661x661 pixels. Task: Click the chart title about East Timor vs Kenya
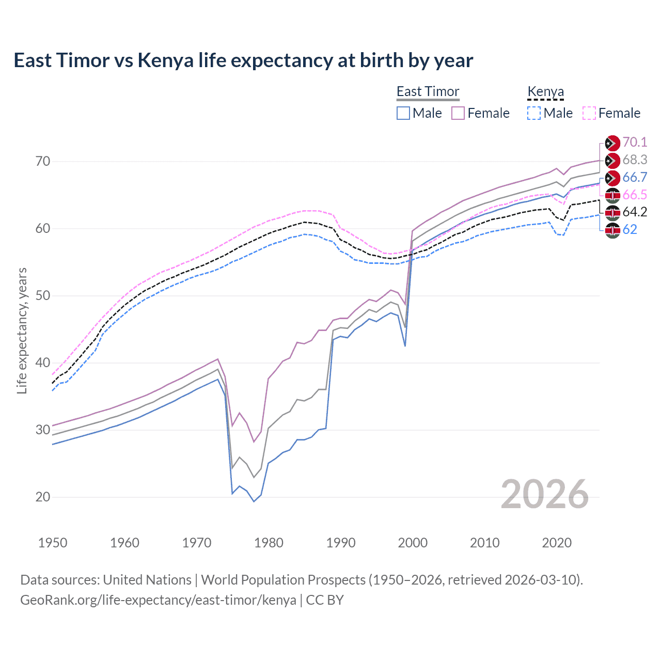pyautogui.click(x=243, y=60)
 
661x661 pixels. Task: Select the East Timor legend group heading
pyautogui.click(x=428, y=92)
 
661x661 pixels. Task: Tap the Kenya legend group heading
pyautogui.click(x=545, y=92)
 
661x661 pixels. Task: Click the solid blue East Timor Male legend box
pyautogui.click(x=403, y=113)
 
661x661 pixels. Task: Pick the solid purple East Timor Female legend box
pyautogui.click(x=458, y=113)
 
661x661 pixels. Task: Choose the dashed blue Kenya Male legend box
pyautogui.click(x=534, y=113)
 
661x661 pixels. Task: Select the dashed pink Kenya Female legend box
pyautogui.click(x=589, y=113)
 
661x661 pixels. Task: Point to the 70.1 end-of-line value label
pyautogui.click(x=635, y=142)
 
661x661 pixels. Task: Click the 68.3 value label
pyautogui.click(x=635, y=160)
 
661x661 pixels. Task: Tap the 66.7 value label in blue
pyautogui.click(x=635, y=177)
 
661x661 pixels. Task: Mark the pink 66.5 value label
pyautogui.click(x=635, y=195)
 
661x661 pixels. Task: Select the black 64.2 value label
pyautogui.click(x=635, y=212)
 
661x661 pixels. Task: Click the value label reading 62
pyautogui.click(x=629, y=229)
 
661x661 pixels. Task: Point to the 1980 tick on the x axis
pyautogui.click(x=269, y=543)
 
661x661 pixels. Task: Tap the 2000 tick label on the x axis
pyautogui.click(x=413, y=543)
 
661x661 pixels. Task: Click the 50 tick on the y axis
pyautogui.click(x=43, y=296)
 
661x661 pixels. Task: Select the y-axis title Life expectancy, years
pyautogui.click(x=22, y=330)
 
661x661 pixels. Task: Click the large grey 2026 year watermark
pyautogui.click(x=544, y=495)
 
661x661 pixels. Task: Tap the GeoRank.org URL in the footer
pyautogui.click(x=158, y=600)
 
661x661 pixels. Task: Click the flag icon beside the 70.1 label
pyautogui.click(x=612, y=143)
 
